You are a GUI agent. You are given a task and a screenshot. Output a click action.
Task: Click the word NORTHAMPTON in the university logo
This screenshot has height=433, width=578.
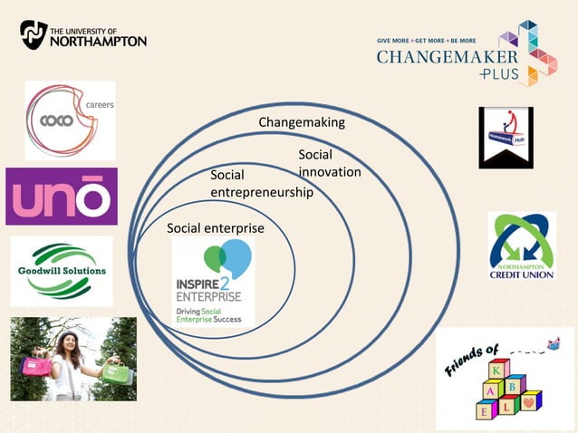pos(98,41)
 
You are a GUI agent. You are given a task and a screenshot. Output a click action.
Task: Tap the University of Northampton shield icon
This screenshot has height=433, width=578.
pos(34,34)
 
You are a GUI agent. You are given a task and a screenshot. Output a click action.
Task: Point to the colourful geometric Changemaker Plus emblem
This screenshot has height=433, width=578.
pos(528,53)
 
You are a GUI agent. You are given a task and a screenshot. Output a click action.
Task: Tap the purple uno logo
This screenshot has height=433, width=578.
pos(61,197)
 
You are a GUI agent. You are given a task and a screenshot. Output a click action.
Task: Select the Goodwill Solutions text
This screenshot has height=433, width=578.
pos(62,271)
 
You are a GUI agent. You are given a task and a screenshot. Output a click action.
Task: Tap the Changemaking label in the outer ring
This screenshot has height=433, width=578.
pos(302,122)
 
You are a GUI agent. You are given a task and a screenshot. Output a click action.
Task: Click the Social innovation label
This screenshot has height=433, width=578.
pos(329,164)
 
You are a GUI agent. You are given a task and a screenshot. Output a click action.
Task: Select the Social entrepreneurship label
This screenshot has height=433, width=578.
pos(261,183)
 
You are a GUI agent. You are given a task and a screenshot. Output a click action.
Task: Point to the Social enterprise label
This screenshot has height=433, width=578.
pos(216,228)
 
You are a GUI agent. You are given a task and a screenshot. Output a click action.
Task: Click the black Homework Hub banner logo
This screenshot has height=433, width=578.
pos(506,137)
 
